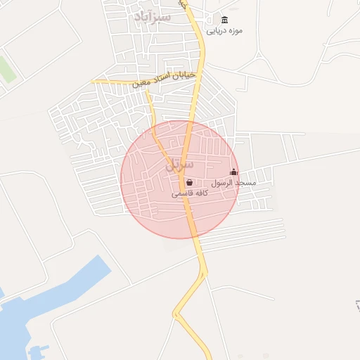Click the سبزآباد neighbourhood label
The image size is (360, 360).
[x=151, y=15]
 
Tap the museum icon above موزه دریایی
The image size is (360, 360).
[x=224, y=20]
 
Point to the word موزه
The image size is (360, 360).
[x=236, y=31]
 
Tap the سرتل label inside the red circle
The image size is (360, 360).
[x=179, y=167]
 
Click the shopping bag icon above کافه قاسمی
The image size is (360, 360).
[x=189, y=183]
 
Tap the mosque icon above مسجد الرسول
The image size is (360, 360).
[x=234, y=172]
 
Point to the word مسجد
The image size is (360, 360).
[x=247, y=183]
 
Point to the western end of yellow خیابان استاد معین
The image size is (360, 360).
[x=93, y=82]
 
